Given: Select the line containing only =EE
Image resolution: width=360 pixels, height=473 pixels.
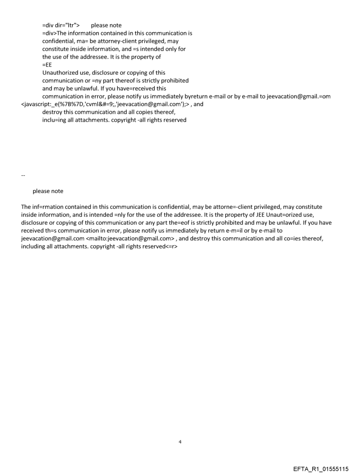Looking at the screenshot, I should click(47, 65).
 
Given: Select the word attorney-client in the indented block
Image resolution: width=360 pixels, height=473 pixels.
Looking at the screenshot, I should click(108, 41).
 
